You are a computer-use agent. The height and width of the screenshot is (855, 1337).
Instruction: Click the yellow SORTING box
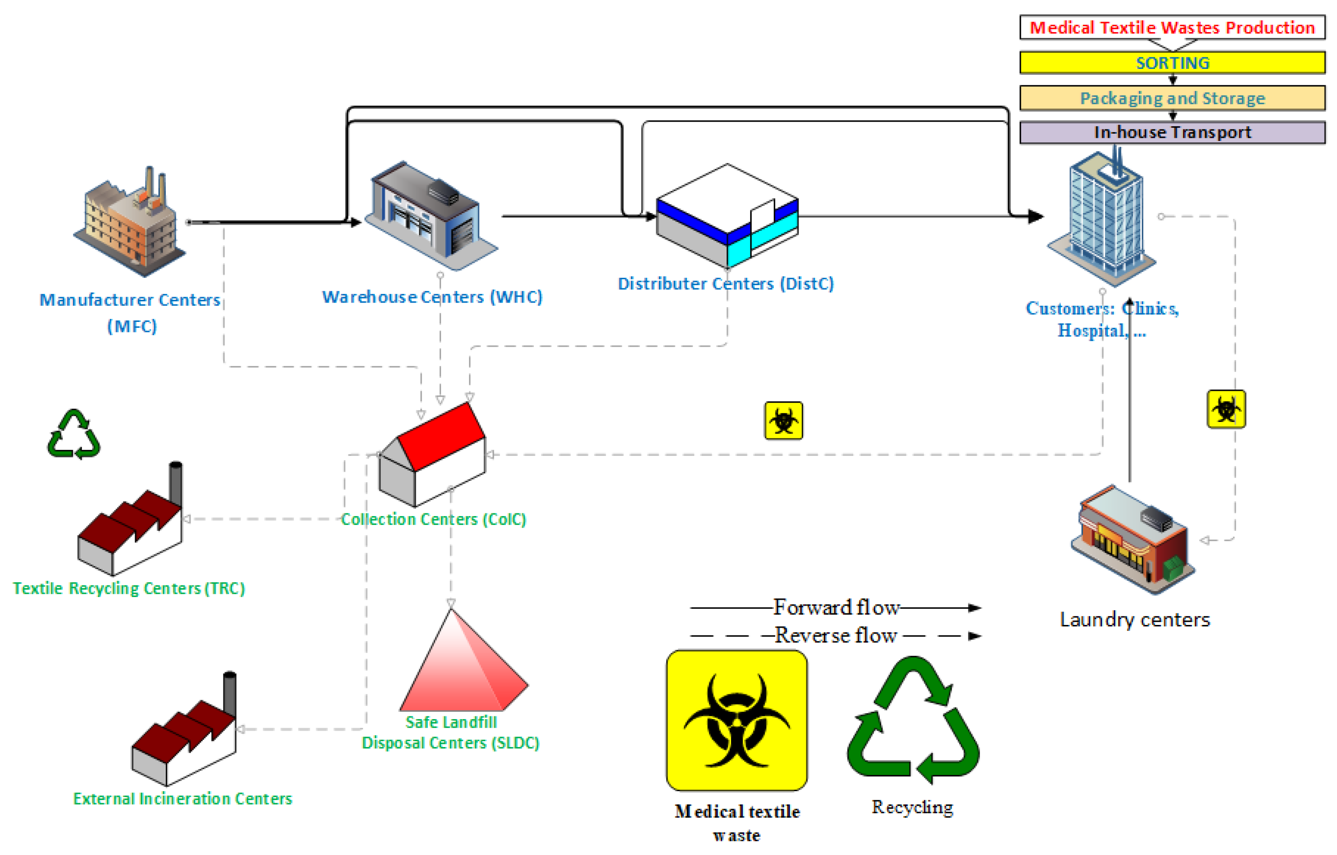click(1172, 63)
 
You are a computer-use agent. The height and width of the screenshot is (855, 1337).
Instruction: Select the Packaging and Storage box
click(1172, 98)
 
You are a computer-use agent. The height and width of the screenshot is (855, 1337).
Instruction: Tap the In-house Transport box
click(1172, 133)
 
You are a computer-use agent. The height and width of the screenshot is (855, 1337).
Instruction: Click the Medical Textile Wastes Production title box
click(1172, 27)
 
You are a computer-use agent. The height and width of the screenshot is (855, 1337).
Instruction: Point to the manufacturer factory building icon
click(130, 225)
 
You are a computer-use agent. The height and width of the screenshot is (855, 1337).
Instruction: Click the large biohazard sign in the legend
click(736, 720)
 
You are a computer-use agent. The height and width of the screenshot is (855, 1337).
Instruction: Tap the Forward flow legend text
click(836, 607)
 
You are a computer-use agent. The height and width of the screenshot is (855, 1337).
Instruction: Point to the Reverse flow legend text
click(836, 635)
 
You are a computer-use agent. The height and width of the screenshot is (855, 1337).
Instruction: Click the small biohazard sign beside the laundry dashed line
click(1226, 409)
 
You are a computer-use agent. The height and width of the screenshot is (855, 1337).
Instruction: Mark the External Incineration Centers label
click(183, 799)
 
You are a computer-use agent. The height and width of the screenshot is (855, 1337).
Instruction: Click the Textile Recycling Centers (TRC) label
click(129, 588)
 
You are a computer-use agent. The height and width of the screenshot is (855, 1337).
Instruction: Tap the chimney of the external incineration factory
click(229, 694)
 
